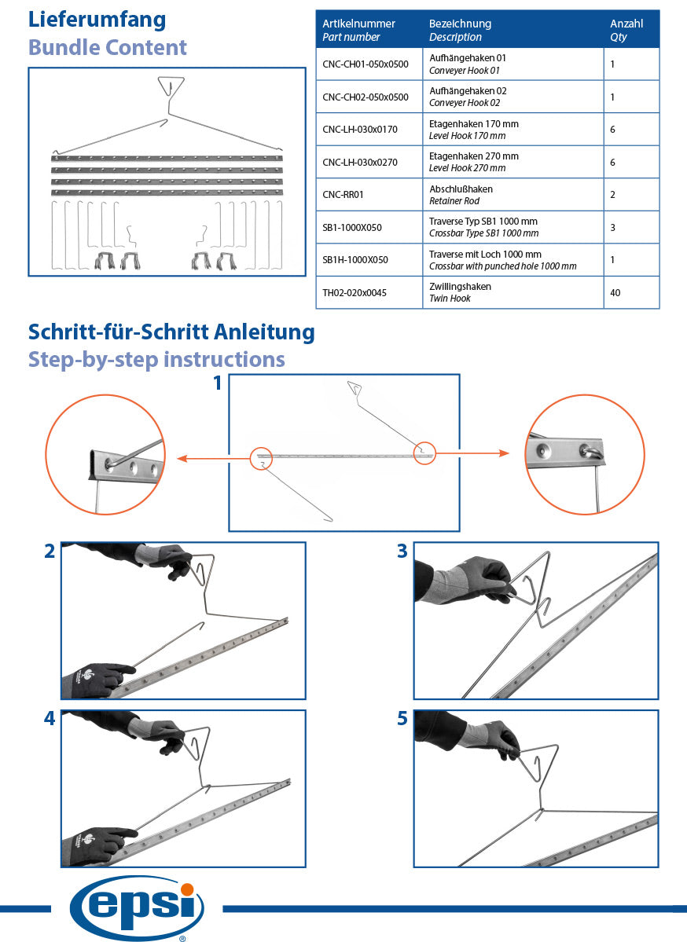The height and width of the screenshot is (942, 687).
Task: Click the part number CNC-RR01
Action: click(343, 195)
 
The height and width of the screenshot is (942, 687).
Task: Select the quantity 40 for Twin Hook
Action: click(615, 292)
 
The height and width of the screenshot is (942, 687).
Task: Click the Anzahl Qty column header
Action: click(626, 30)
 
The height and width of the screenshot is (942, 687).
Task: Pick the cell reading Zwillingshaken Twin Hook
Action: click(460, 292)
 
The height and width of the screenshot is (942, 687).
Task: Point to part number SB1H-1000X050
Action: click(355, 259)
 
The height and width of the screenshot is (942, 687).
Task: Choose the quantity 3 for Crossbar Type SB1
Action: click(612, 228)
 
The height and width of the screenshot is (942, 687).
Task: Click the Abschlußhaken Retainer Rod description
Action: click(461, 195)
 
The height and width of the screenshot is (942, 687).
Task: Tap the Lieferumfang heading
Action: click(97, 20)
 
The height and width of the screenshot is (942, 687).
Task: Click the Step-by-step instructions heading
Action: click(156, 359)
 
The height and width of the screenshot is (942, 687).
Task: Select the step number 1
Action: click(218, 383)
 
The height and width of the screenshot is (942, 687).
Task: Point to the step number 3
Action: click(402, 551)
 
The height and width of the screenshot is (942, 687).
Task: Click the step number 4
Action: click(50, 718)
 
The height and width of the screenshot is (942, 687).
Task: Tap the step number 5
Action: click(402, 718)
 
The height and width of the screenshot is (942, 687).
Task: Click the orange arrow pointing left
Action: click(213, 459)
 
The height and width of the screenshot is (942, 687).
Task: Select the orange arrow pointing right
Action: click(472, 453)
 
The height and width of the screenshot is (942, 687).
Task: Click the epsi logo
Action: click(137, 907)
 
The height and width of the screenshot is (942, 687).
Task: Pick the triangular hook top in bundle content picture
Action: click(171, 85)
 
